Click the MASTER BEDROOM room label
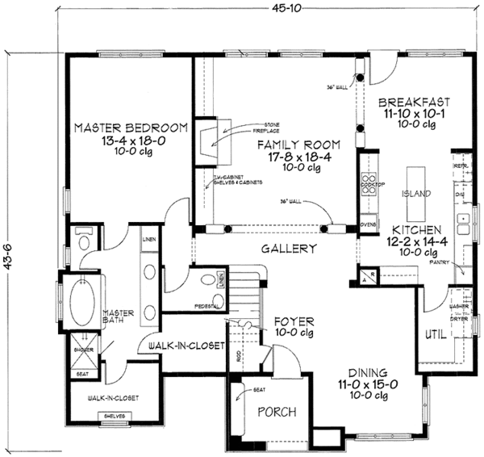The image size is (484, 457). click(x=131, y=128)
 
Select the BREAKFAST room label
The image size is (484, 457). click(x=413, y=103)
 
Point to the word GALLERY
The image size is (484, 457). click(x=288, y=249)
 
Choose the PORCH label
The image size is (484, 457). click(x=276, y=412)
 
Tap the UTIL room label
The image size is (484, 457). click(x=436, y=334)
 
